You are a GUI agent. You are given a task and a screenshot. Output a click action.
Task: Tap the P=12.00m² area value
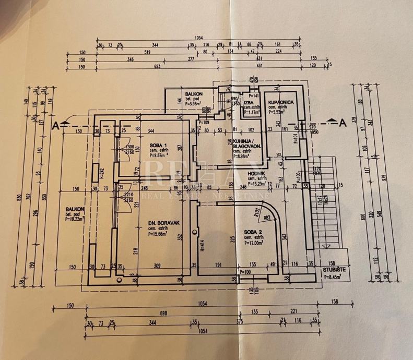coord(253,242)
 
